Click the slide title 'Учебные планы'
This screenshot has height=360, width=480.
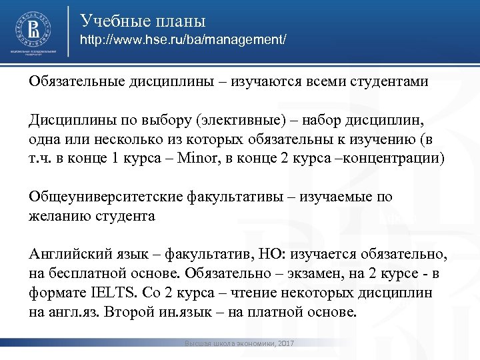[x=143, y=21]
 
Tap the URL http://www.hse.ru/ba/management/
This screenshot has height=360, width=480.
[x=183, y=41]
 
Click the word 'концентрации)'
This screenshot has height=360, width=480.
[x=399, y=159]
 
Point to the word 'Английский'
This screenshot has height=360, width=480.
[x=64, y=255]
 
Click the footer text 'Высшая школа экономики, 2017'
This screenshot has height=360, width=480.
[x=241, y=343]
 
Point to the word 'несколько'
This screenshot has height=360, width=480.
[x=105, y=139]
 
